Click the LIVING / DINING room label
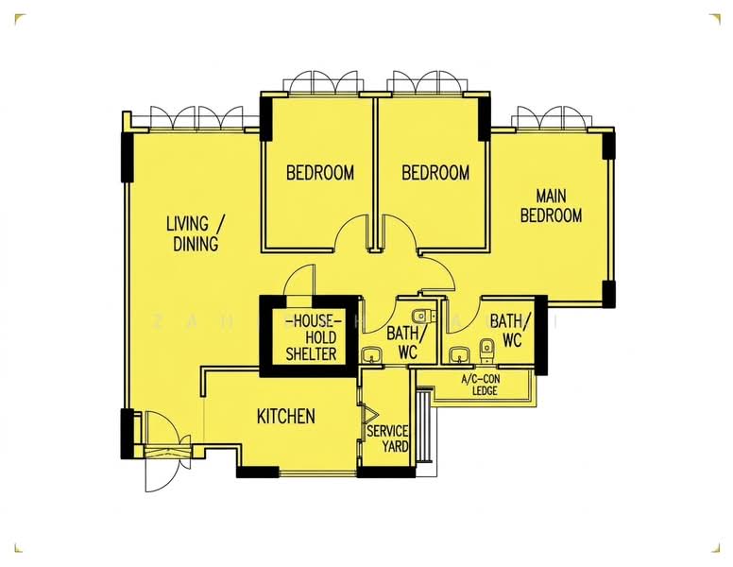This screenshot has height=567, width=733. point(196,233)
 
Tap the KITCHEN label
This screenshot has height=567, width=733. point(285,416)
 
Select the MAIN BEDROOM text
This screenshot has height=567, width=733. point(551,206)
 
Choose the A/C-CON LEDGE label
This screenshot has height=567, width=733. point(479,385)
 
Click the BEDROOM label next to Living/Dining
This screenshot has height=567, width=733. point(320,173)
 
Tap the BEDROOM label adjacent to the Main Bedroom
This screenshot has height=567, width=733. point(435,173)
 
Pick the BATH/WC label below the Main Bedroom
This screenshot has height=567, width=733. point(506,330)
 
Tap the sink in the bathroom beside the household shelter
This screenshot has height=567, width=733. point(372,355)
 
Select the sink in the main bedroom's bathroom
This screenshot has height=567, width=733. point(460,355)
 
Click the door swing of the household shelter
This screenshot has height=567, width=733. point(299,282)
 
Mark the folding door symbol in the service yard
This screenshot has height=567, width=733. point(370,414)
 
